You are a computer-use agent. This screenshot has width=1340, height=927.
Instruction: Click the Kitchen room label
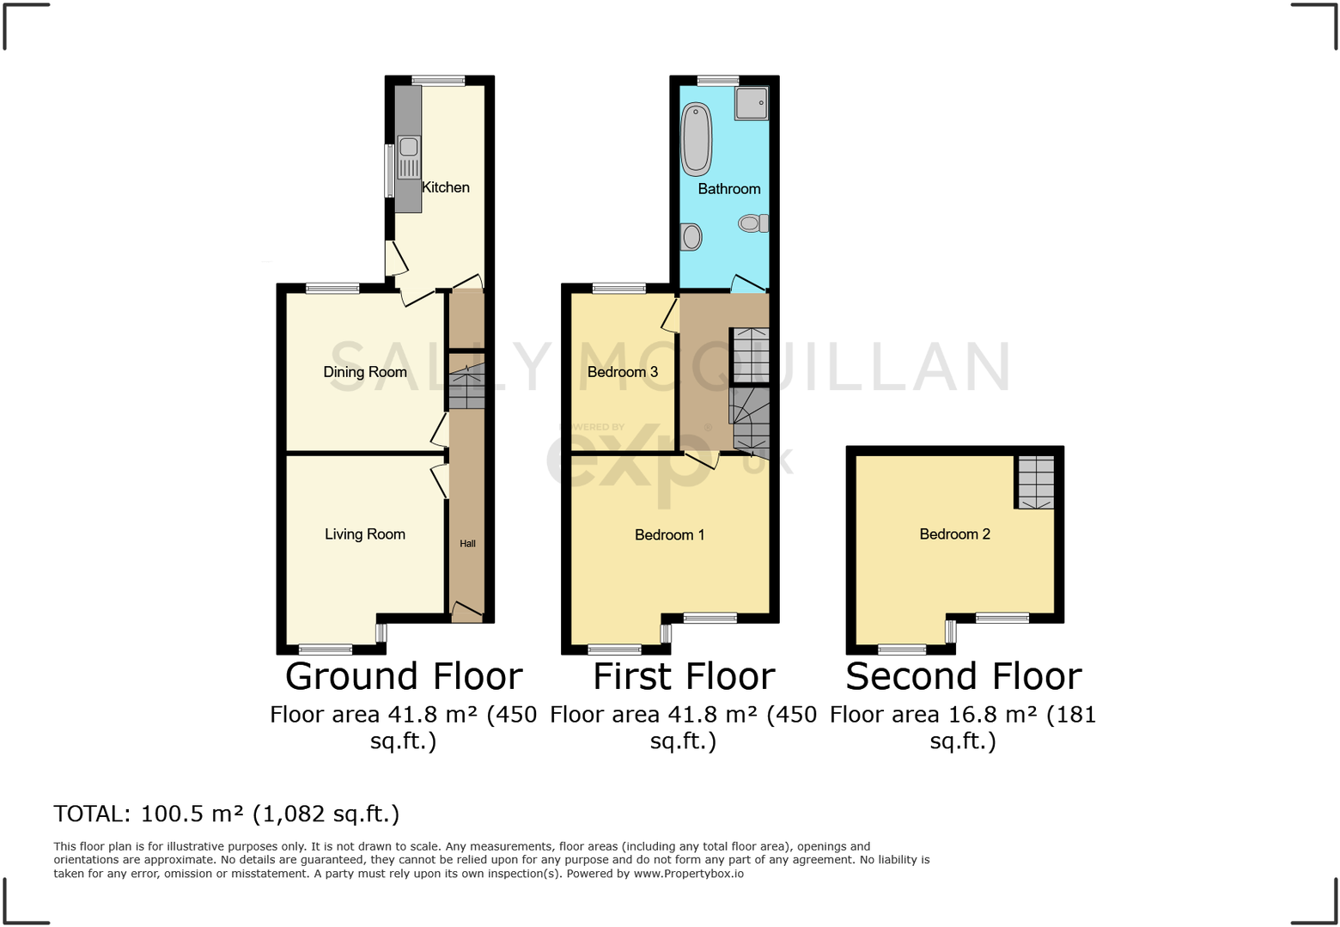tap(446, 187)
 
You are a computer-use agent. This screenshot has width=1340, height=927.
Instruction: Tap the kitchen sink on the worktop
tap(409, 157)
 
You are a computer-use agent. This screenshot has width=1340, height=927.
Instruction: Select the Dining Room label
tap(365, 372)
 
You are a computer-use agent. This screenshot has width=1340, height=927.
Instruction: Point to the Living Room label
tap(365, 534)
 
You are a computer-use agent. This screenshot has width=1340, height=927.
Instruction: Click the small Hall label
tap(467, 544)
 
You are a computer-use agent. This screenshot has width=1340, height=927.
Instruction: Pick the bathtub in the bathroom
tap(697, 140)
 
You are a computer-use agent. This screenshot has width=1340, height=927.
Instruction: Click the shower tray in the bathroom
tap(751, 103)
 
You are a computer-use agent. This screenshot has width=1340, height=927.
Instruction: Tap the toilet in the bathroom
tap(753, 223)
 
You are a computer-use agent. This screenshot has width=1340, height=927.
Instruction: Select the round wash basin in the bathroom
tap(691, 236)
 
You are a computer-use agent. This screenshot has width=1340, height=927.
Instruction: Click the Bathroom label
tap(729, 189)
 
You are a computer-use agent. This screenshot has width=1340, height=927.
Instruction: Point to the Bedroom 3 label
tap(623, 372)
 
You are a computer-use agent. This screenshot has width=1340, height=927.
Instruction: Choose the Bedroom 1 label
tap(670, 535)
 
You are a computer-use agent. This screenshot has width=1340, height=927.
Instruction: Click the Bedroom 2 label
tap(955, 534)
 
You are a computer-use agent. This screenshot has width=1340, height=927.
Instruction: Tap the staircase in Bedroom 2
tap(1035, 482)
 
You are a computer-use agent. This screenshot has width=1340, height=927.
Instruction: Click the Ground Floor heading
tap(404, 677)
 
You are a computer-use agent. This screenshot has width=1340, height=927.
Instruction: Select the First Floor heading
tap(684, 677)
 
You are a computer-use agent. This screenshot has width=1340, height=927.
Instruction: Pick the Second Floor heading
tap(964, 677)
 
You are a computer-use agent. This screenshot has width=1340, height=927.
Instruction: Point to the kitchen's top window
tap(438, 82)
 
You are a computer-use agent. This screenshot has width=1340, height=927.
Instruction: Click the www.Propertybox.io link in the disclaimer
tap(689, 874)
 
